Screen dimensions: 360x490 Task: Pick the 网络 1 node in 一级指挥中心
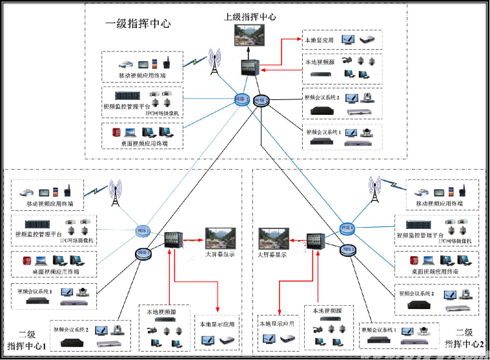[x=241, y=99]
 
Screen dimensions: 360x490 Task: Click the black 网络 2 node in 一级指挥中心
[x=260, y=100]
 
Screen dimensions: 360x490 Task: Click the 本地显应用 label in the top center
[x=319, y=40]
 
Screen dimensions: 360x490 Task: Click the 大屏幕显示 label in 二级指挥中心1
[x=221, y=254]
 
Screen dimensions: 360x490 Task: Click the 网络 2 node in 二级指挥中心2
[x=349, y=250]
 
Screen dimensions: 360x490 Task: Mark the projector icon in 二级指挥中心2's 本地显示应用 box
[x=287, y=337]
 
